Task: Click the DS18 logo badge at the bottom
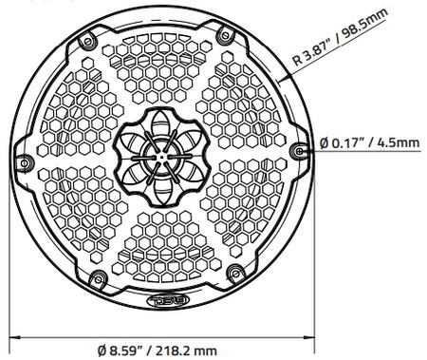point(168,299)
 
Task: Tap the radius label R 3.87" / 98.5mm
point(340,37)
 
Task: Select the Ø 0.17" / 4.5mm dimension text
point(369,143)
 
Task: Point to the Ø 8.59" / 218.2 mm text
point(157,351)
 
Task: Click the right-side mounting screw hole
point(299,151)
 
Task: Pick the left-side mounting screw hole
point(24,163)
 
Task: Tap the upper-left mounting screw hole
point(87,41)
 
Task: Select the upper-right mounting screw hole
point(226,34)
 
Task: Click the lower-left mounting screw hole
point(98,279)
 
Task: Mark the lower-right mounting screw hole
point(235,273)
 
